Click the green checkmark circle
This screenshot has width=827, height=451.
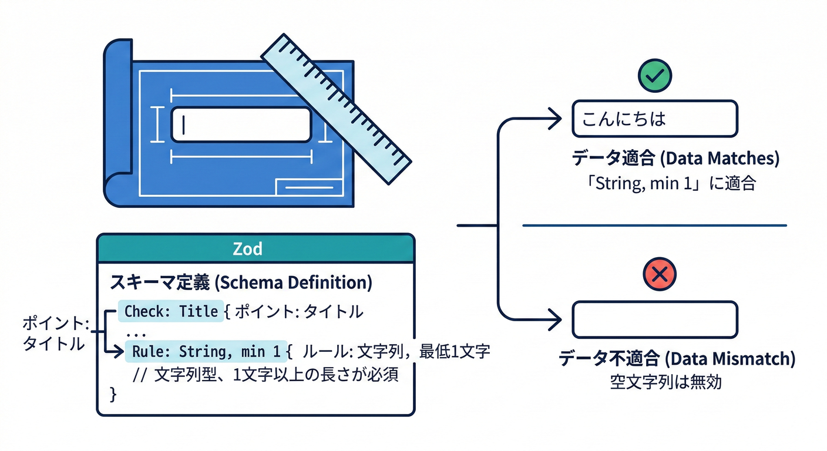point(655,75)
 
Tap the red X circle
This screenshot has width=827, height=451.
point(660,274)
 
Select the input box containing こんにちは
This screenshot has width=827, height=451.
point(654,119)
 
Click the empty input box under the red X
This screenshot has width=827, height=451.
point(654,319)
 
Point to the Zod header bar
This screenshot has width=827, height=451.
point(256,248)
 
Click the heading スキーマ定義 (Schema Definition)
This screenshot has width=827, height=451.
point(241,282)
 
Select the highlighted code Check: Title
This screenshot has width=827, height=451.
point(171,311)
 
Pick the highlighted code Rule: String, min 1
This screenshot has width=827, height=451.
point(206,352)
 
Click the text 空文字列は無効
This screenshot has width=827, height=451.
point(665,382)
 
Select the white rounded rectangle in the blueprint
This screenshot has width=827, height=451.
point(241,124)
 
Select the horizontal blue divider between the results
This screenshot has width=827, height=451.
point(654,225)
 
